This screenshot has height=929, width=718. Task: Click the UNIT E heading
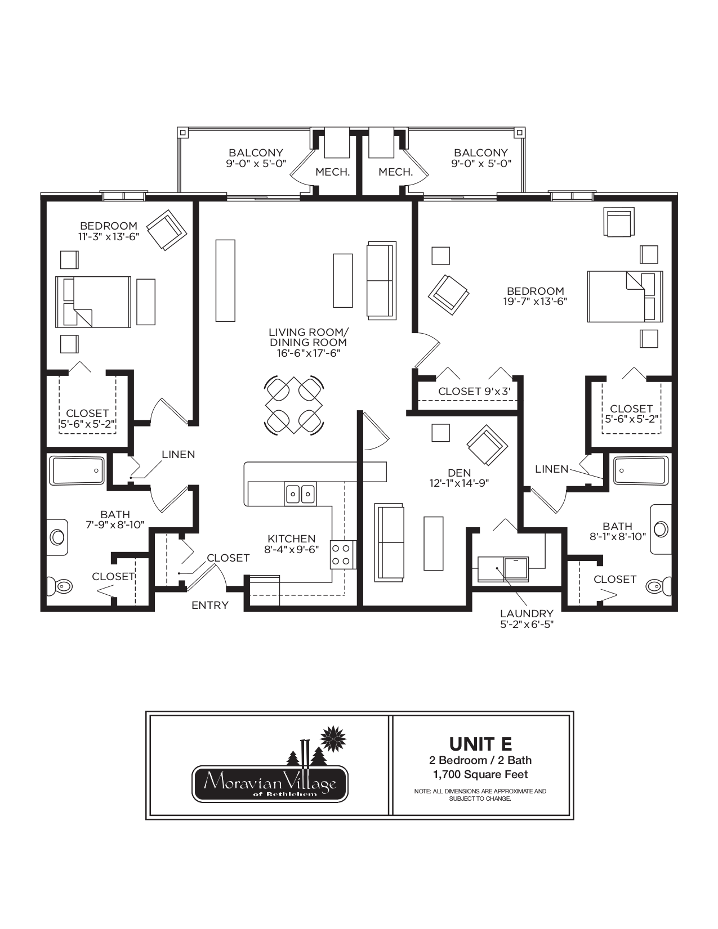(480, 744)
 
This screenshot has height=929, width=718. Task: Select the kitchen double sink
(300, 493)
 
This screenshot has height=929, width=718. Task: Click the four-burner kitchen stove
(343, 554)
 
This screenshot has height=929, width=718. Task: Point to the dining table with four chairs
(294, 405)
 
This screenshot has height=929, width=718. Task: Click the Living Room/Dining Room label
(308, 337)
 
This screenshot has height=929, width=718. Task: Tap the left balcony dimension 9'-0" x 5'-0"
(256, 164)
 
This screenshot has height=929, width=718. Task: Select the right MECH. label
(395, 172)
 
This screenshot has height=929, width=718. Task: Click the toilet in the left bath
(59, 586)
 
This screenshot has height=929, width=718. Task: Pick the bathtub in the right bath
(641, 470)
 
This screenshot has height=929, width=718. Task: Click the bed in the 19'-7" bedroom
(625, 297)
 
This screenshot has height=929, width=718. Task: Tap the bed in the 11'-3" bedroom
(93, 302)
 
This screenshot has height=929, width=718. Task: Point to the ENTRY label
(210, 605)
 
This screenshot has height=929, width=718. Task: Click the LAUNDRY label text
(527, 613)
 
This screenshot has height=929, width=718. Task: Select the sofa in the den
(390, 542)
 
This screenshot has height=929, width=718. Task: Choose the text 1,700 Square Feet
(480, 774)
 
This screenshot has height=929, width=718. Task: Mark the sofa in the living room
(381, 280)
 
